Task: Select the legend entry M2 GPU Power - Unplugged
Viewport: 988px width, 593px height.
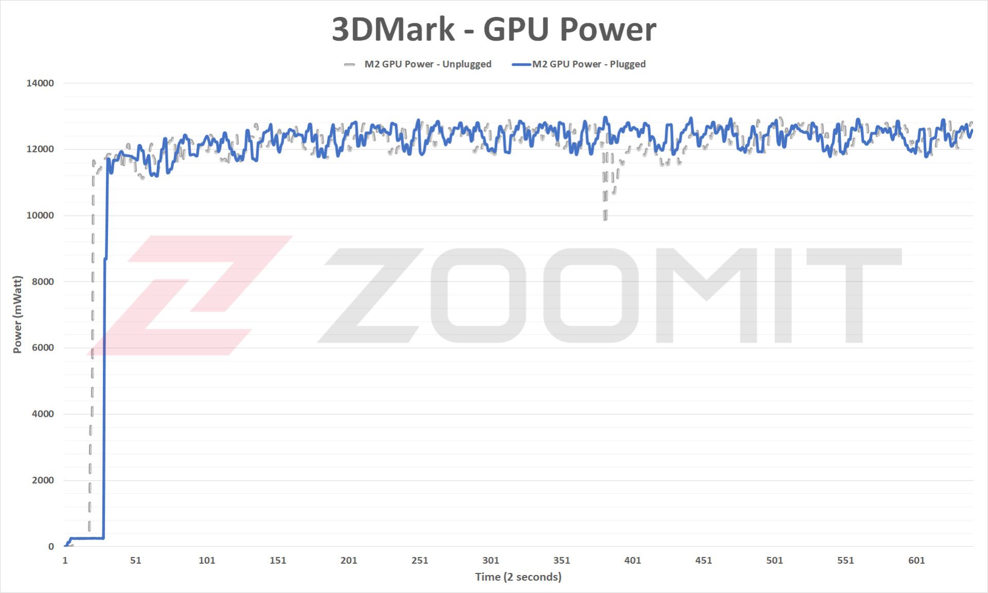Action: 427,64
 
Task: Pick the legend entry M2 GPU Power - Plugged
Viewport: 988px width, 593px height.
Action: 588,64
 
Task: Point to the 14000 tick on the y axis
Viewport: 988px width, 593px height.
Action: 40,83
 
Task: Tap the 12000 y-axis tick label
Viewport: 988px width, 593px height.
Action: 40,149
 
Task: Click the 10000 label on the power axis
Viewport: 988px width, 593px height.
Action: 40,216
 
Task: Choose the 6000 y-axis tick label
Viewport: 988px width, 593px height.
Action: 43,347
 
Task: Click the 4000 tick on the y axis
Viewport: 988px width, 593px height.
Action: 43,414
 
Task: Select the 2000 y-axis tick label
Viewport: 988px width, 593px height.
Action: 43,480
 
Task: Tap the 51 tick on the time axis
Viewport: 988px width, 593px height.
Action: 136,561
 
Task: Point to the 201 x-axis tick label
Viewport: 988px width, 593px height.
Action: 349,561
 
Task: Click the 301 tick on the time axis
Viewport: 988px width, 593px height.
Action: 491,561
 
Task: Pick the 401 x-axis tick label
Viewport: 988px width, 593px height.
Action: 633,561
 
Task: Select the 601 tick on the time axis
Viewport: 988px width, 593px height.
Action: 916,561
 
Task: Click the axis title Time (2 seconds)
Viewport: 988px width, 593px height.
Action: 518,577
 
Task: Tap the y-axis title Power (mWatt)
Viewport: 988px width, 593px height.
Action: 17,315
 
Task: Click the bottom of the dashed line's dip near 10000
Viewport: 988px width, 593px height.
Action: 605,217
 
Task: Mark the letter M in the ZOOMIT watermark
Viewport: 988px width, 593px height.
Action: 707,296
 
